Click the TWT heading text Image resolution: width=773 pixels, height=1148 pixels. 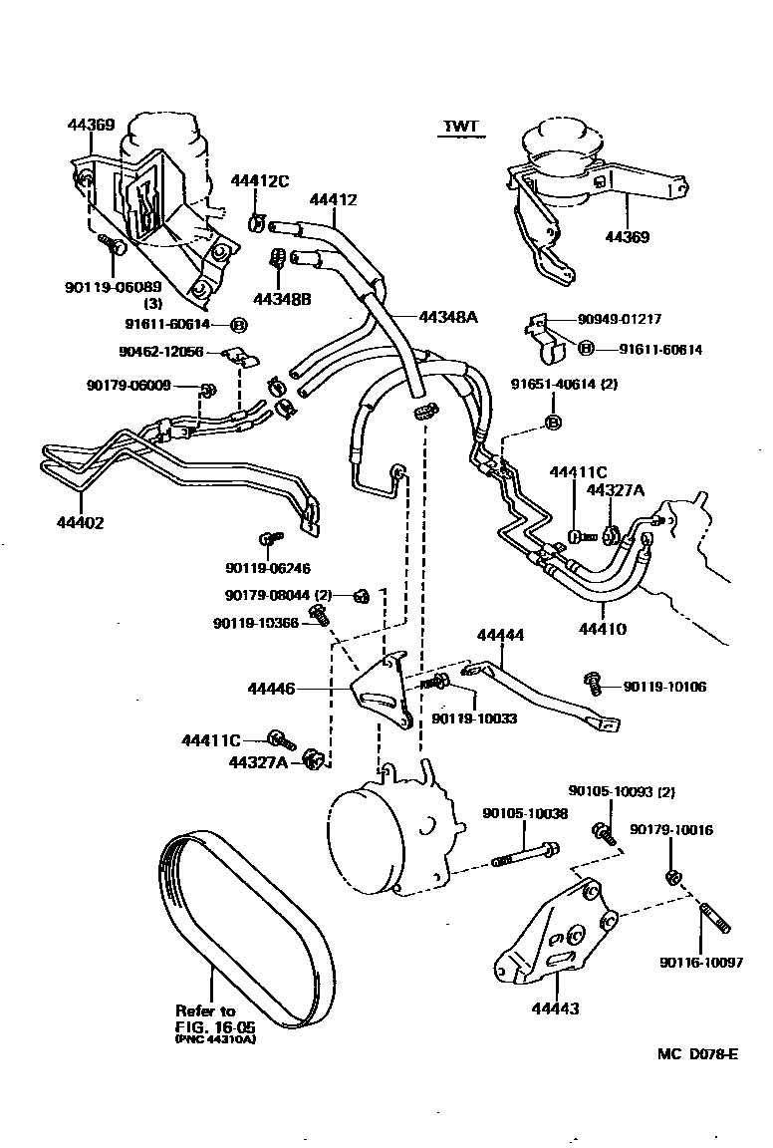pyautogui.click(x=461, y=127)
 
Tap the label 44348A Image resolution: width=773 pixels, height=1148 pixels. pyautogui.click(x=448, y=317)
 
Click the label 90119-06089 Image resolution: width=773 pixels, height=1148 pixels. pyautogui.click(x=106, y=287)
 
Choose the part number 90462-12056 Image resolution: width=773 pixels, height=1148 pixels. pyautogui.click(x=160, y=352)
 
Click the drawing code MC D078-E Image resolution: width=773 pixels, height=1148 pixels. pyautogui.click(x=697, y=1055)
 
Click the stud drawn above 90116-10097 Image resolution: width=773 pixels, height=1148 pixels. pyautogui.click(x=717, y=916)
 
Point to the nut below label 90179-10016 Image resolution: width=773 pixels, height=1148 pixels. pyautogui.click(x=671, y=877)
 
